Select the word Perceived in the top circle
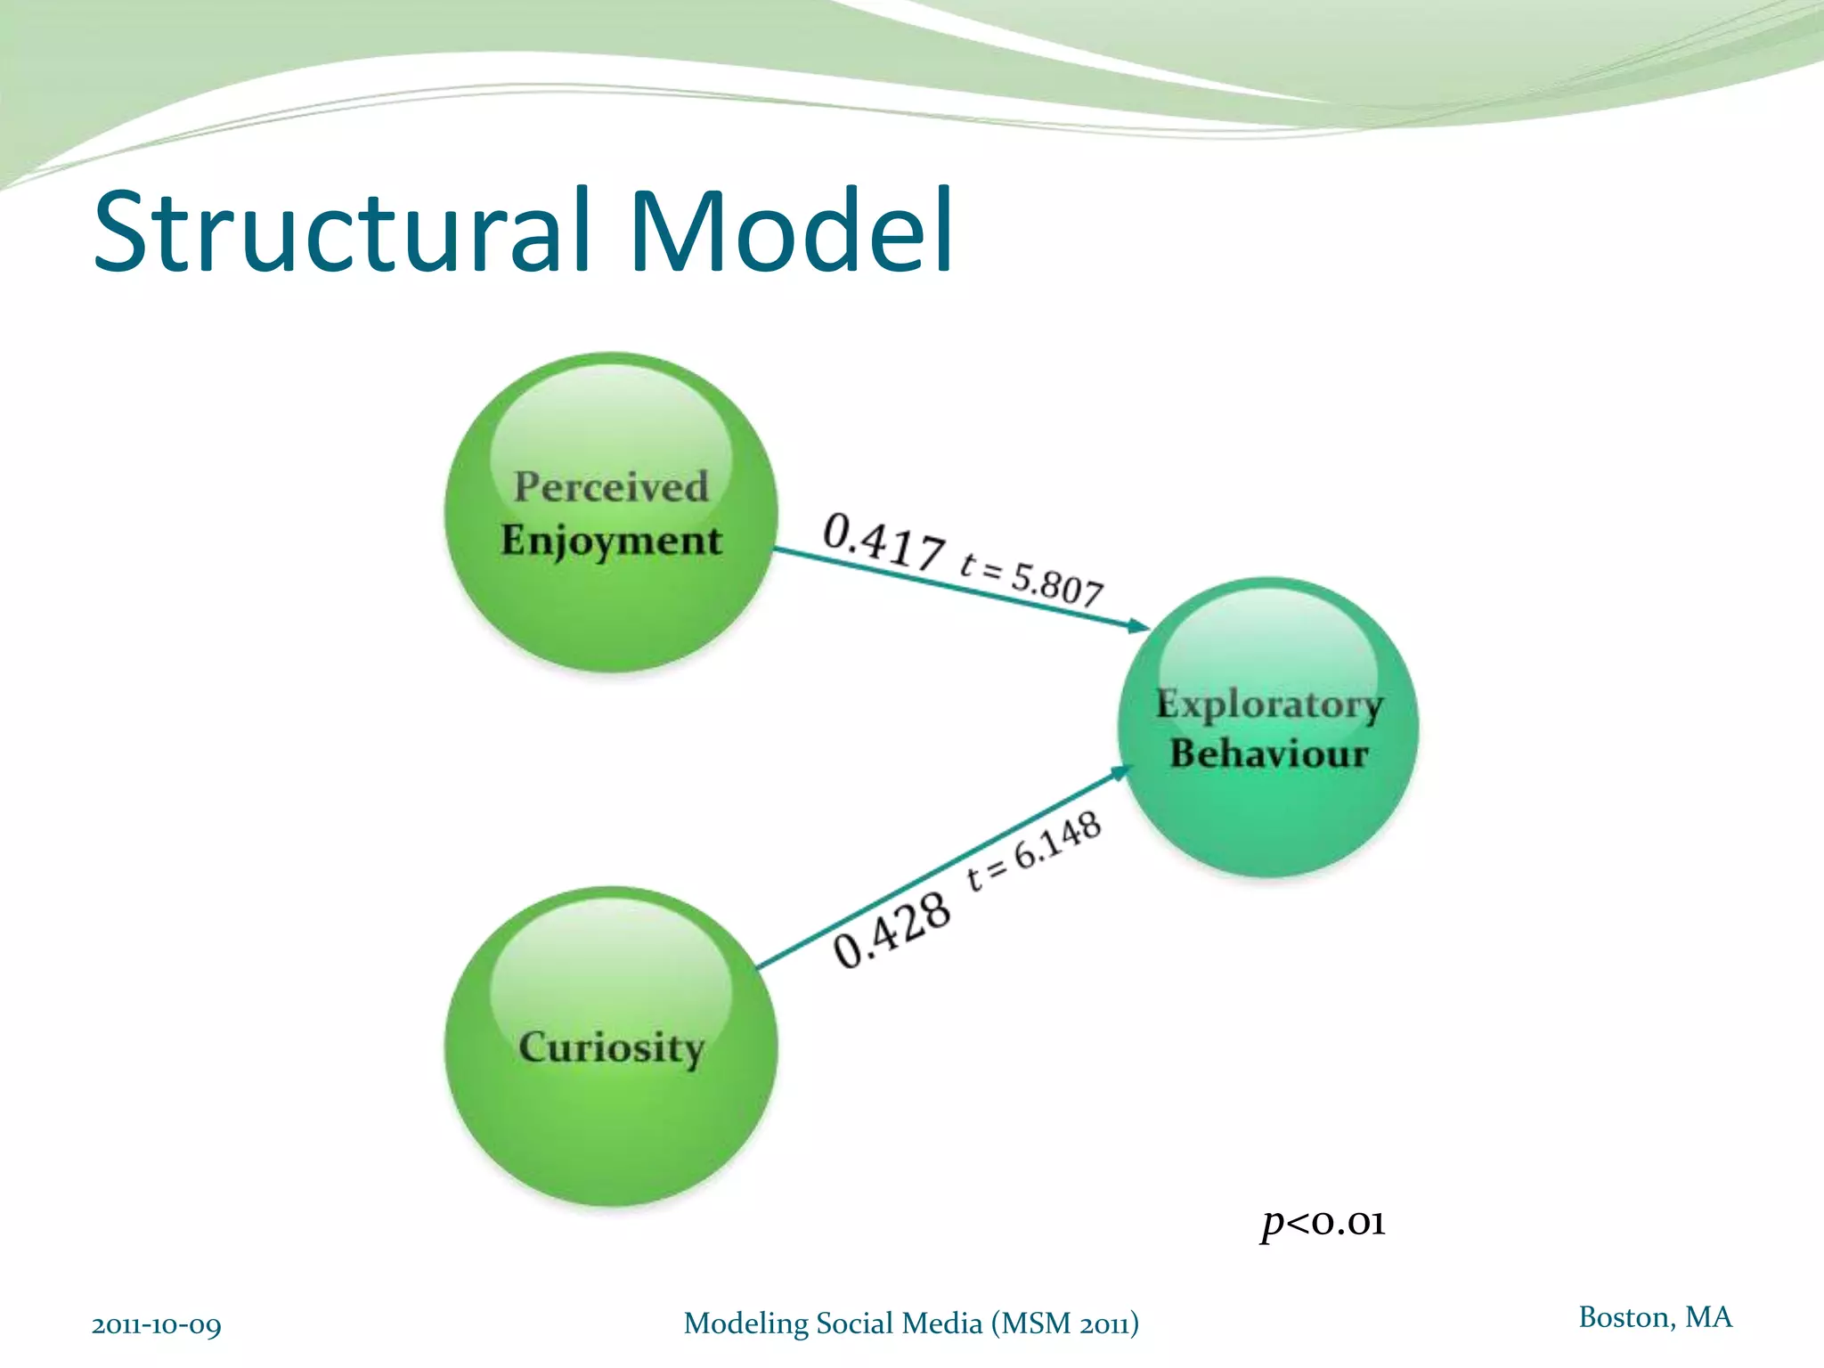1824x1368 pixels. (611, 487)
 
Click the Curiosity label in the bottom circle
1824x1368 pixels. (611, 1047)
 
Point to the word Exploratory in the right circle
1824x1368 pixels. (1269, 704)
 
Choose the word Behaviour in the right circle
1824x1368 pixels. (1269, 753)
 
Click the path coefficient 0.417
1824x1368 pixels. (883, 541)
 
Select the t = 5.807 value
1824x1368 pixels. (1032, 578)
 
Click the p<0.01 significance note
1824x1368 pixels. (1323, 1223)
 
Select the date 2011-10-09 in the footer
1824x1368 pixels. (157, 1325)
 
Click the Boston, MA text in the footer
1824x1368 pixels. (1655, 1316)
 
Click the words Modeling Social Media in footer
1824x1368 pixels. (833, 1323)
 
